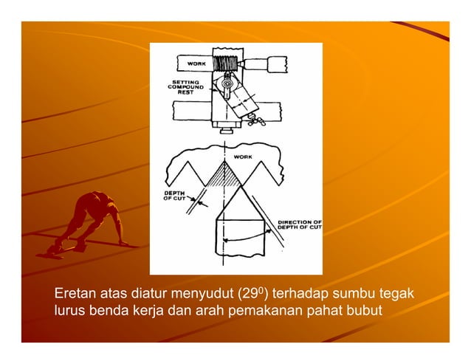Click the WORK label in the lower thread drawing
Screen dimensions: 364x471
(243, 157)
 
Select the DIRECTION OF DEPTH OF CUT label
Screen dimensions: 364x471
(299, 224)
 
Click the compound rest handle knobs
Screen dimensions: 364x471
(254, 115)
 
